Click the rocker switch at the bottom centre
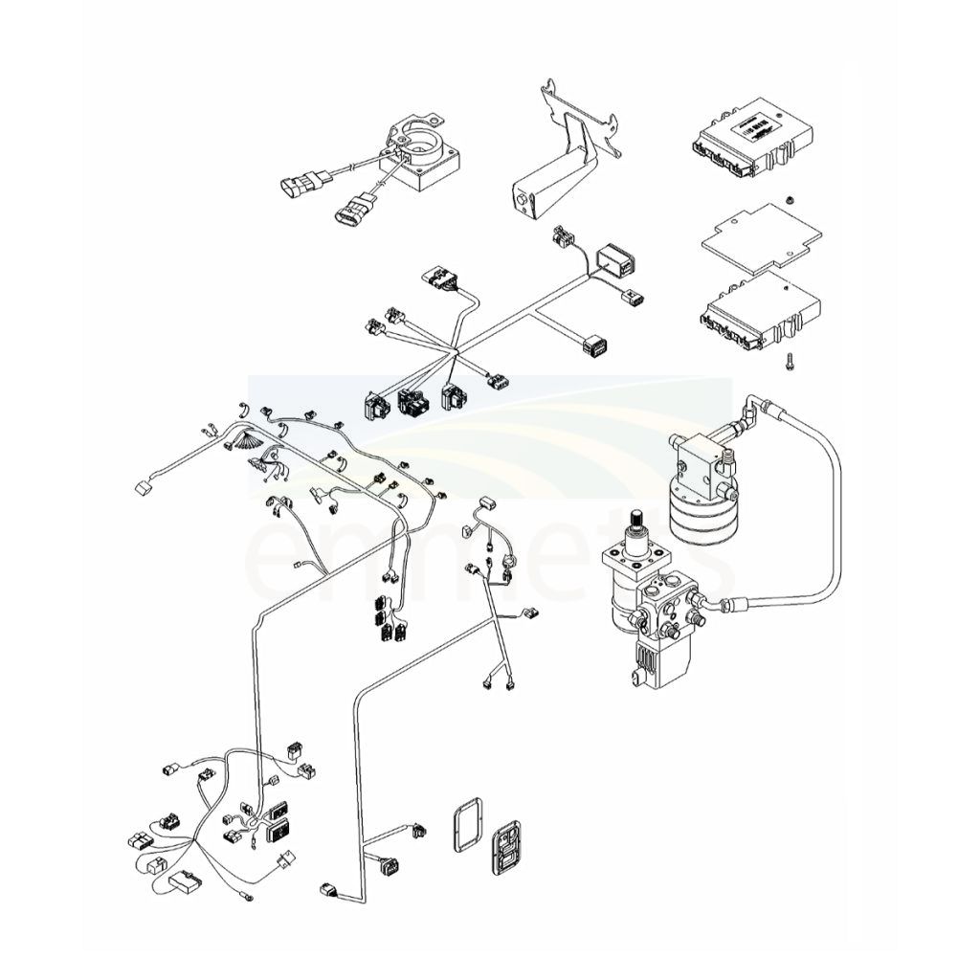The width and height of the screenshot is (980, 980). (506, 847)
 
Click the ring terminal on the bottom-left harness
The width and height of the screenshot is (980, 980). (248, 897)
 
